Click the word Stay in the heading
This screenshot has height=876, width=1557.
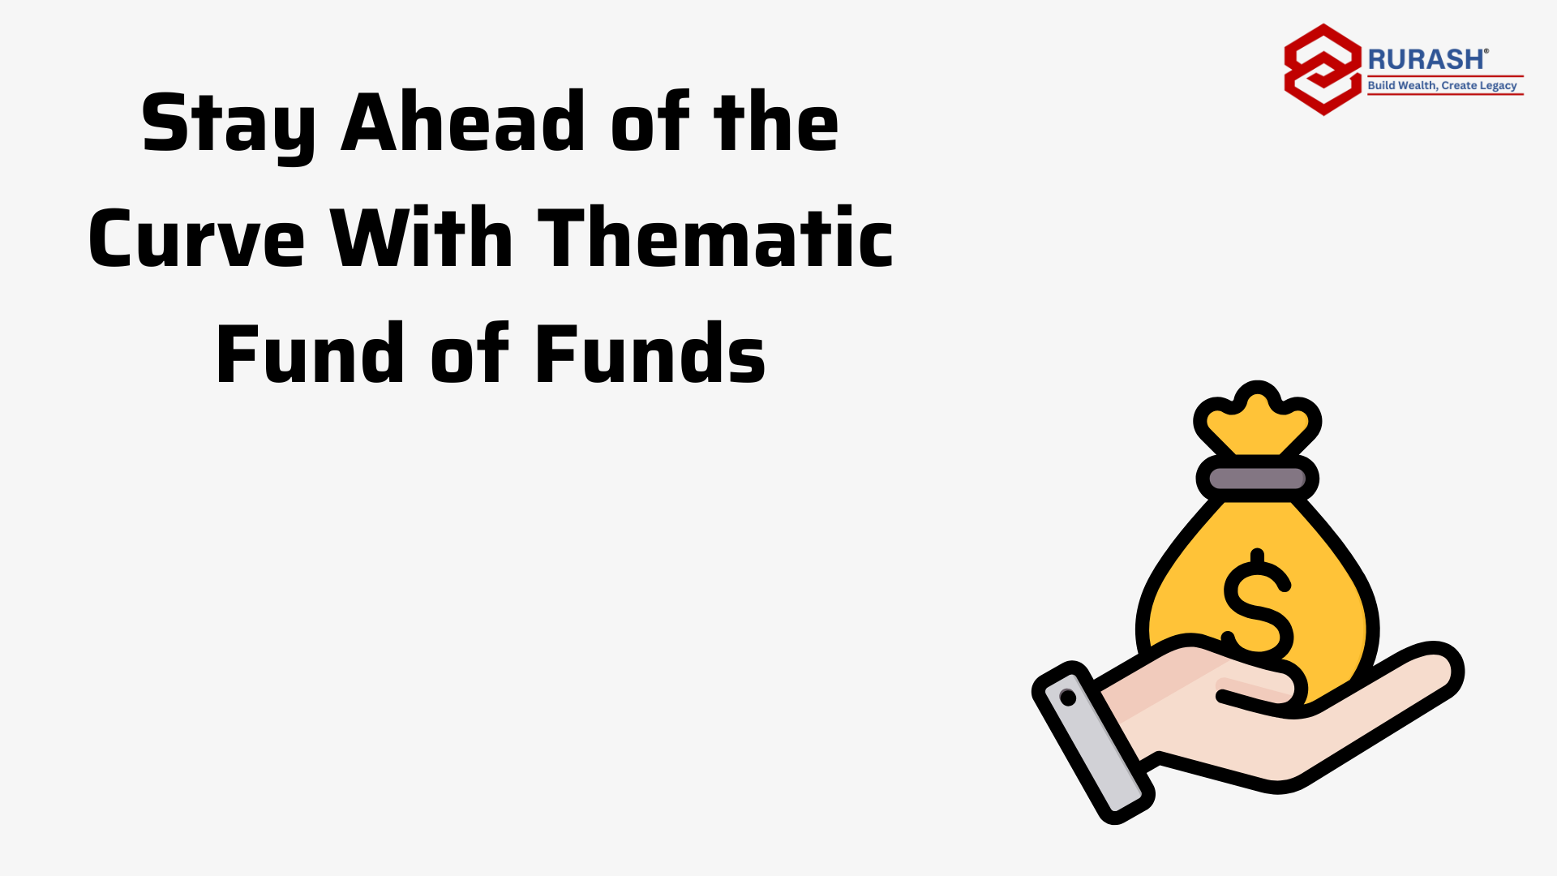229,125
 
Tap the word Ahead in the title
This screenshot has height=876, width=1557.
463,122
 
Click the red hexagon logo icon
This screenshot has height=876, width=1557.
1323,70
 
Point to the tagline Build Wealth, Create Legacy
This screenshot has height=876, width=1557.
1442,85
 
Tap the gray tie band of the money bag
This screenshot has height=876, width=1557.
1257,479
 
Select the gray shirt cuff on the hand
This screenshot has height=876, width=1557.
1093,742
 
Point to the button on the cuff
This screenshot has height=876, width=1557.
1068,698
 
